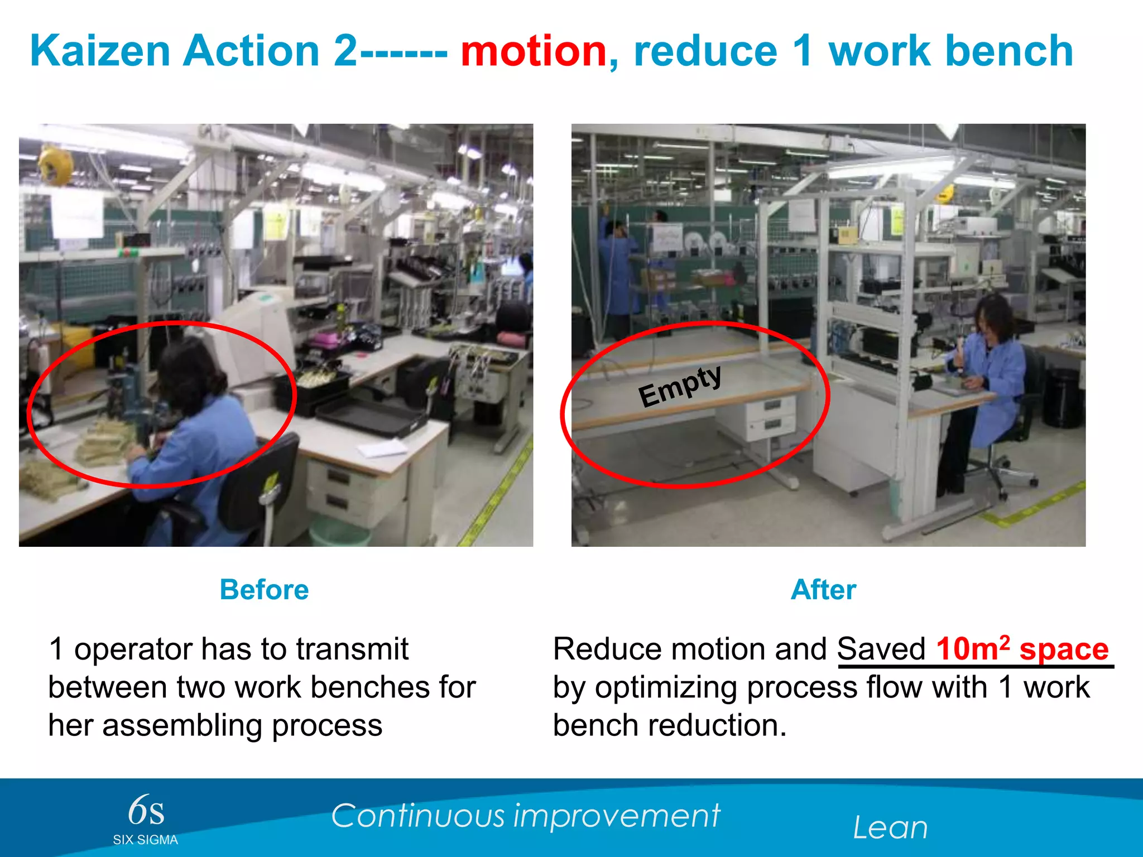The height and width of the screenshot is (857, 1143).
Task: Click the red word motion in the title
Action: coord(533,51)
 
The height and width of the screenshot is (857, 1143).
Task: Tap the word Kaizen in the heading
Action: coord(99,51)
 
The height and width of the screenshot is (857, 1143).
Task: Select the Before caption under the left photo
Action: coord(264,590)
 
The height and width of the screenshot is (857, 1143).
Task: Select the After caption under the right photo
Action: coord(823,590)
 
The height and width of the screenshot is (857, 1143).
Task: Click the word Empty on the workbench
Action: coord(680,386)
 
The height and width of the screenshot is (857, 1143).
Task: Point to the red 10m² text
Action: coord(973,649)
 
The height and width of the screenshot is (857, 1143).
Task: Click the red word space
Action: coord(1064,650)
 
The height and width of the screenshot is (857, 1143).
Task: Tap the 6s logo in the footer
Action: coord(146,811)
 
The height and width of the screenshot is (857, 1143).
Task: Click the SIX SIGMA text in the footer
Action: coord(145,840)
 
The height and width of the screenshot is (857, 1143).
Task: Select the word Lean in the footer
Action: coord(890,828)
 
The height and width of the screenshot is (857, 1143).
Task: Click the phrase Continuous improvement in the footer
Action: coord(525,816)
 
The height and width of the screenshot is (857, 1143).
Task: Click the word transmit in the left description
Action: coord(352,649)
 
